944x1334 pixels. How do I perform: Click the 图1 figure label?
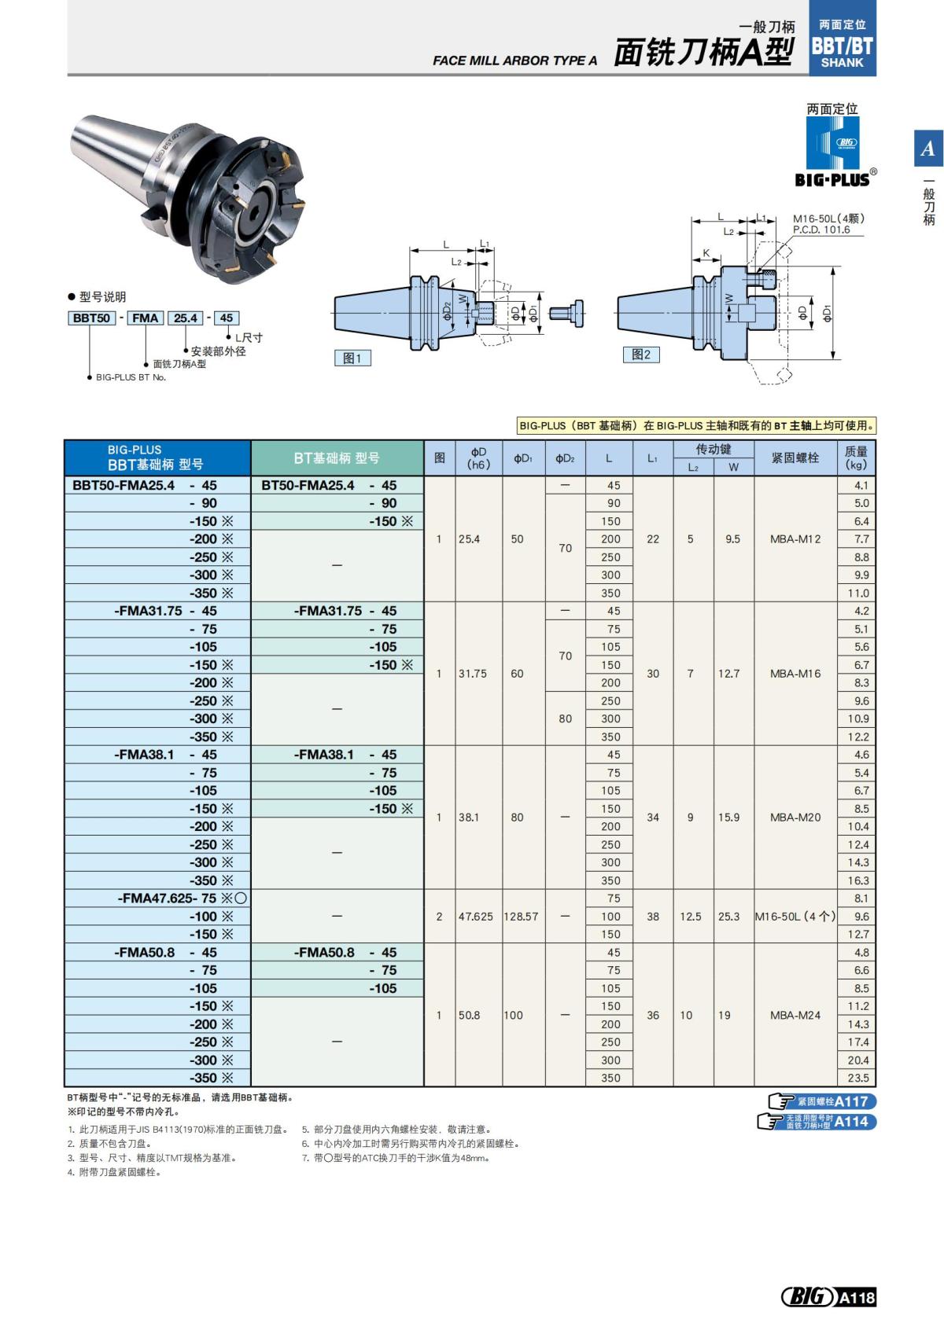(x=352, y=358)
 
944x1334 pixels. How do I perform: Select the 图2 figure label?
(x=640, y=355)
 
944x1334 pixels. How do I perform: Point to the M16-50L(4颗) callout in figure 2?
(x=828, y=219)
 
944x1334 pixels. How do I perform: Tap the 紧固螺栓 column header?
(x=795, y=458)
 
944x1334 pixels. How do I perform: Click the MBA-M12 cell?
(x=795, y=539)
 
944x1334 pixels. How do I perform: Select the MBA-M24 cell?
(x=795, y=1015)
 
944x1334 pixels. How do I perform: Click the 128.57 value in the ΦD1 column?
(x=521, y=917)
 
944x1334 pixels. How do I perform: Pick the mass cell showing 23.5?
(x=857, y=1078)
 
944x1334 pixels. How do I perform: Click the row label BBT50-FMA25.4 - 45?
(x=145, y=485)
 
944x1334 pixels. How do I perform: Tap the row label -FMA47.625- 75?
(x=167, y=898)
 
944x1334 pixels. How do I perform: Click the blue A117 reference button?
(x=823, y=1101)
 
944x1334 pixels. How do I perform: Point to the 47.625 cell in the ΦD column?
(x=475, y=917)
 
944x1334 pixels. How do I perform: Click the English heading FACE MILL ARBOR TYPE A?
(x=514, y=61)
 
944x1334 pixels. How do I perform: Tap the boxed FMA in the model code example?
(x=145, y=318)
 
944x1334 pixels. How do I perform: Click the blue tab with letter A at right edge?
(x=927, y=148)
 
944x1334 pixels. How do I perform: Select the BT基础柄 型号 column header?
(x=337, y=458)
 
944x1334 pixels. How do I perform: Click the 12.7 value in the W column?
(x=728, y=674)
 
